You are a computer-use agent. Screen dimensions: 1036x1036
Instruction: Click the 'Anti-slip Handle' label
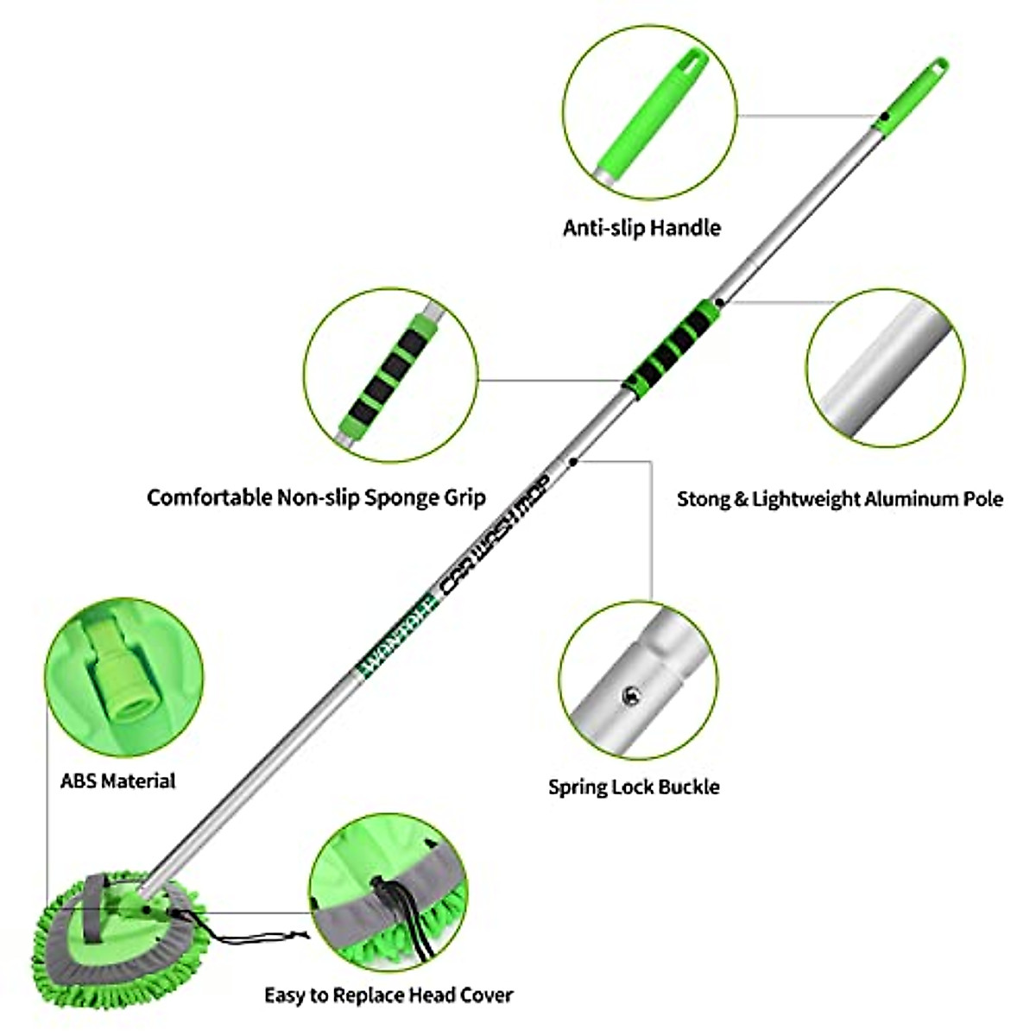coord(641,228)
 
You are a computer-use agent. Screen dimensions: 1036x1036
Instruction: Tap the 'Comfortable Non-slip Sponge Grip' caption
coord(316,497)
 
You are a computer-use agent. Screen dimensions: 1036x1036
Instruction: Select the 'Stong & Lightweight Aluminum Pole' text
coord(839,499)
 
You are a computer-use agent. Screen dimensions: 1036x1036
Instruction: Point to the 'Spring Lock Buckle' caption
coord(634,786)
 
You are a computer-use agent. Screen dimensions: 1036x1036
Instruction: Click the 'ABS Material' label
coord(117,780)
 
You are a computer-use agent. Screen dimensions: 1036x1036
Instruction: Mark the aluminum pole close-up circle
coord(886,367)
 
